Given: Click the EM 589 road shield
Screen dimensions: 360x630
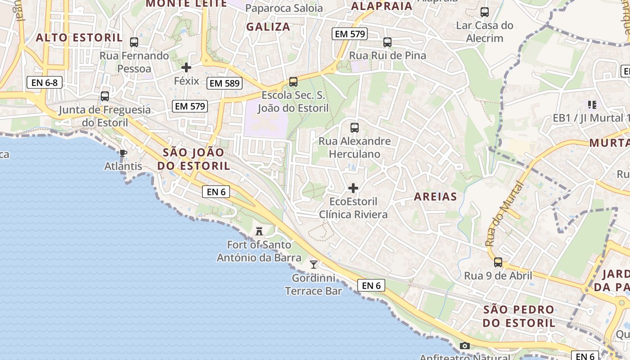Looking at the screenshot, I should pyautogui.click(x=225, y=83).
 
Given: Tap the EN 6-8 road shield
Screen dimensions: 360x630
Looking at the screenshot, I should pyautogui.click(x=44, y=82).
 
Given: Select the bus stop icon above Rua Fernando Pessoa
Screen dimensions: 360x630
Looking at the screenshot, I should pyautogui.click(x=134, y=42).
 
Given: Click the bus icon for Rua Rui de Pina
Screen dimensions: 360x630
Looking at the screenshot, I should pyautogui.click(x=387, y=42).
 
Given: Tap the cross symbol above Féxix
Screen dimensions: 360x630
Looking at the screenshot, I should pyautogui.click(x=186, y=67).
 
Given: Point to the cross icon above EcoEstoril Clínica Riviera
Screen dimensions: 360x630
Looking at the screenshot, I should pyautogui.click(x=353, y=188).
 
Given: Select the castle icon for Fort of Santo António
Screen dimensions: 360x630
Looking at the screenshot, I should pyautogui.click(x=259, y=231).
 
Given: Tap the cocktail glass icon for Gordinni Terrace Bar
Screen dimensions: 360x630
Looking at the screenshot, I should pyautogui.click(x=314, y=264).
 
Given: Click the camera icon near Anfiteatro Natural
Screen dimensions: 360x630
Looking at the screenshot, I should pyautogui.click(x=465, y=346).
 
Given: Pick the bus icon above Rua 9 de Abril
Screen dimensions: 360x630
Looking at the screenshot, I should pyautogui.click(x=498, y=262).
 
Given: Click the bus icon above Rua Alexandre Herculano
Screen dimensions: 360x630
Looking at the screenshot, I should pyautogui.click(x=355, y=127).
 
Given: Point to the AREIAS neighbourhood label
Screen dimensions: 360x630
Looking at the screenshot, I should pyautogui.click(x=435, y=197).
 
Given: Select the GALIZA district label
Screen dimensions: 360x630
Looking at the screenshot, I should pyautogui.click(x=268, y=27).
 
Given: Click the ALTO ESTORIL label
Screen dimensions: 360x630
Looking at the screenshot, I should pyautogui.click(x=79, y=37).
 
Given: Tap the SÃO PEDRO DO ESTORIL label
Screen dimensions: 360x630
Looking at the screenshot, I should pyautogui.click(x=519, y=316).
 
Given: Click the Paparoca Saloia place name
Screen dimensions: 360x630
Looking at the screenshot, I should pyautogui.click(x=284, y=8).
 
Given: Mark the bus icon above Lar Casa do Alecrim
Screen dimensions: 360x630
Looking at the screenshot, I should pyautogui.click(x=485, y=12).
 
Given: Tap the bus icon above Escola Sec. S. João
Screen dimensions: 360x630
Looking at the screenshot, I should pyautogui.click(x=293, y=82).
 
